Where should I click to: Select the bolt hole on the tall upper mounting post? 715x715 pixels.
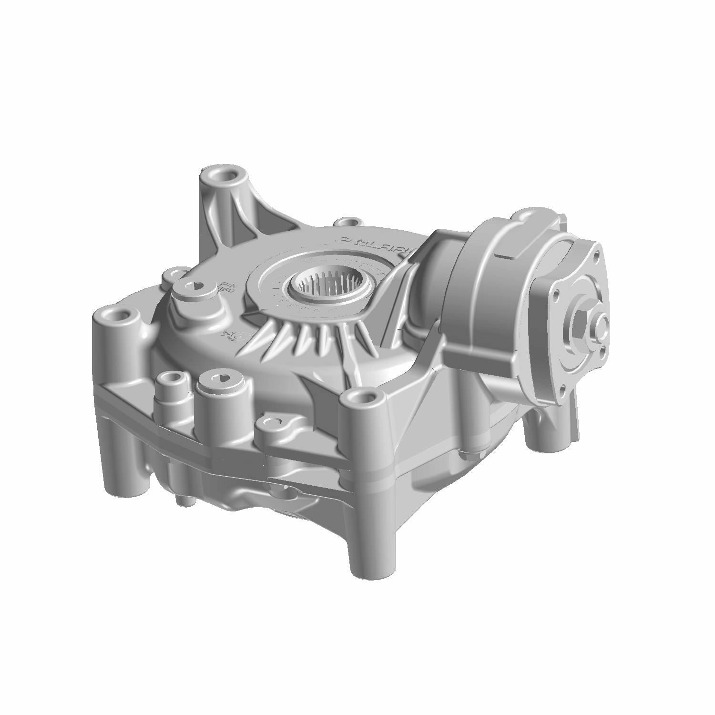click(x=221, y=175)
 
